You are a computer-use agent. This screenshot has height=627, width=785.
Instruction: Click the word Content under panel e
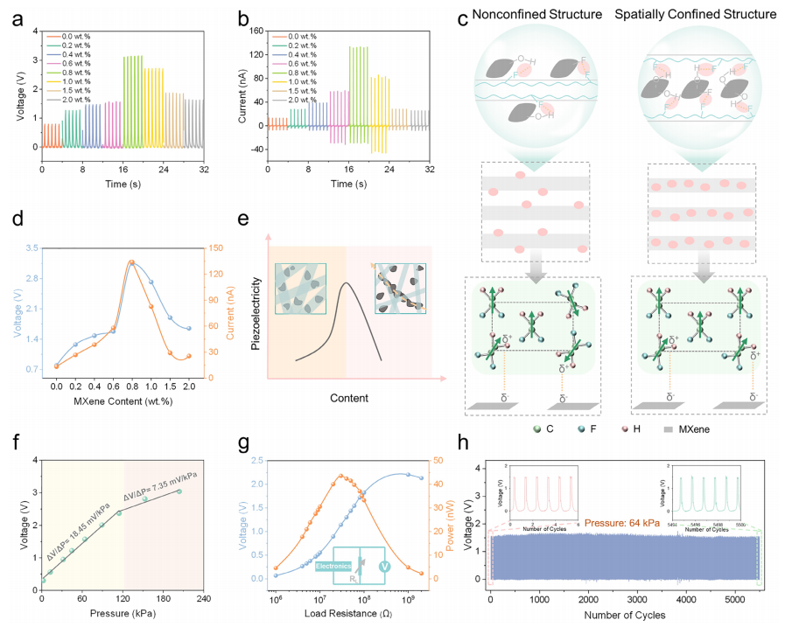click(x=348, y=398)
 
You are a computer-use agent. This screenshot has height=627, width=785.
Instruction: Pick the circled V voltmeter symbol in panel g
click(x=383, y=567)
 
